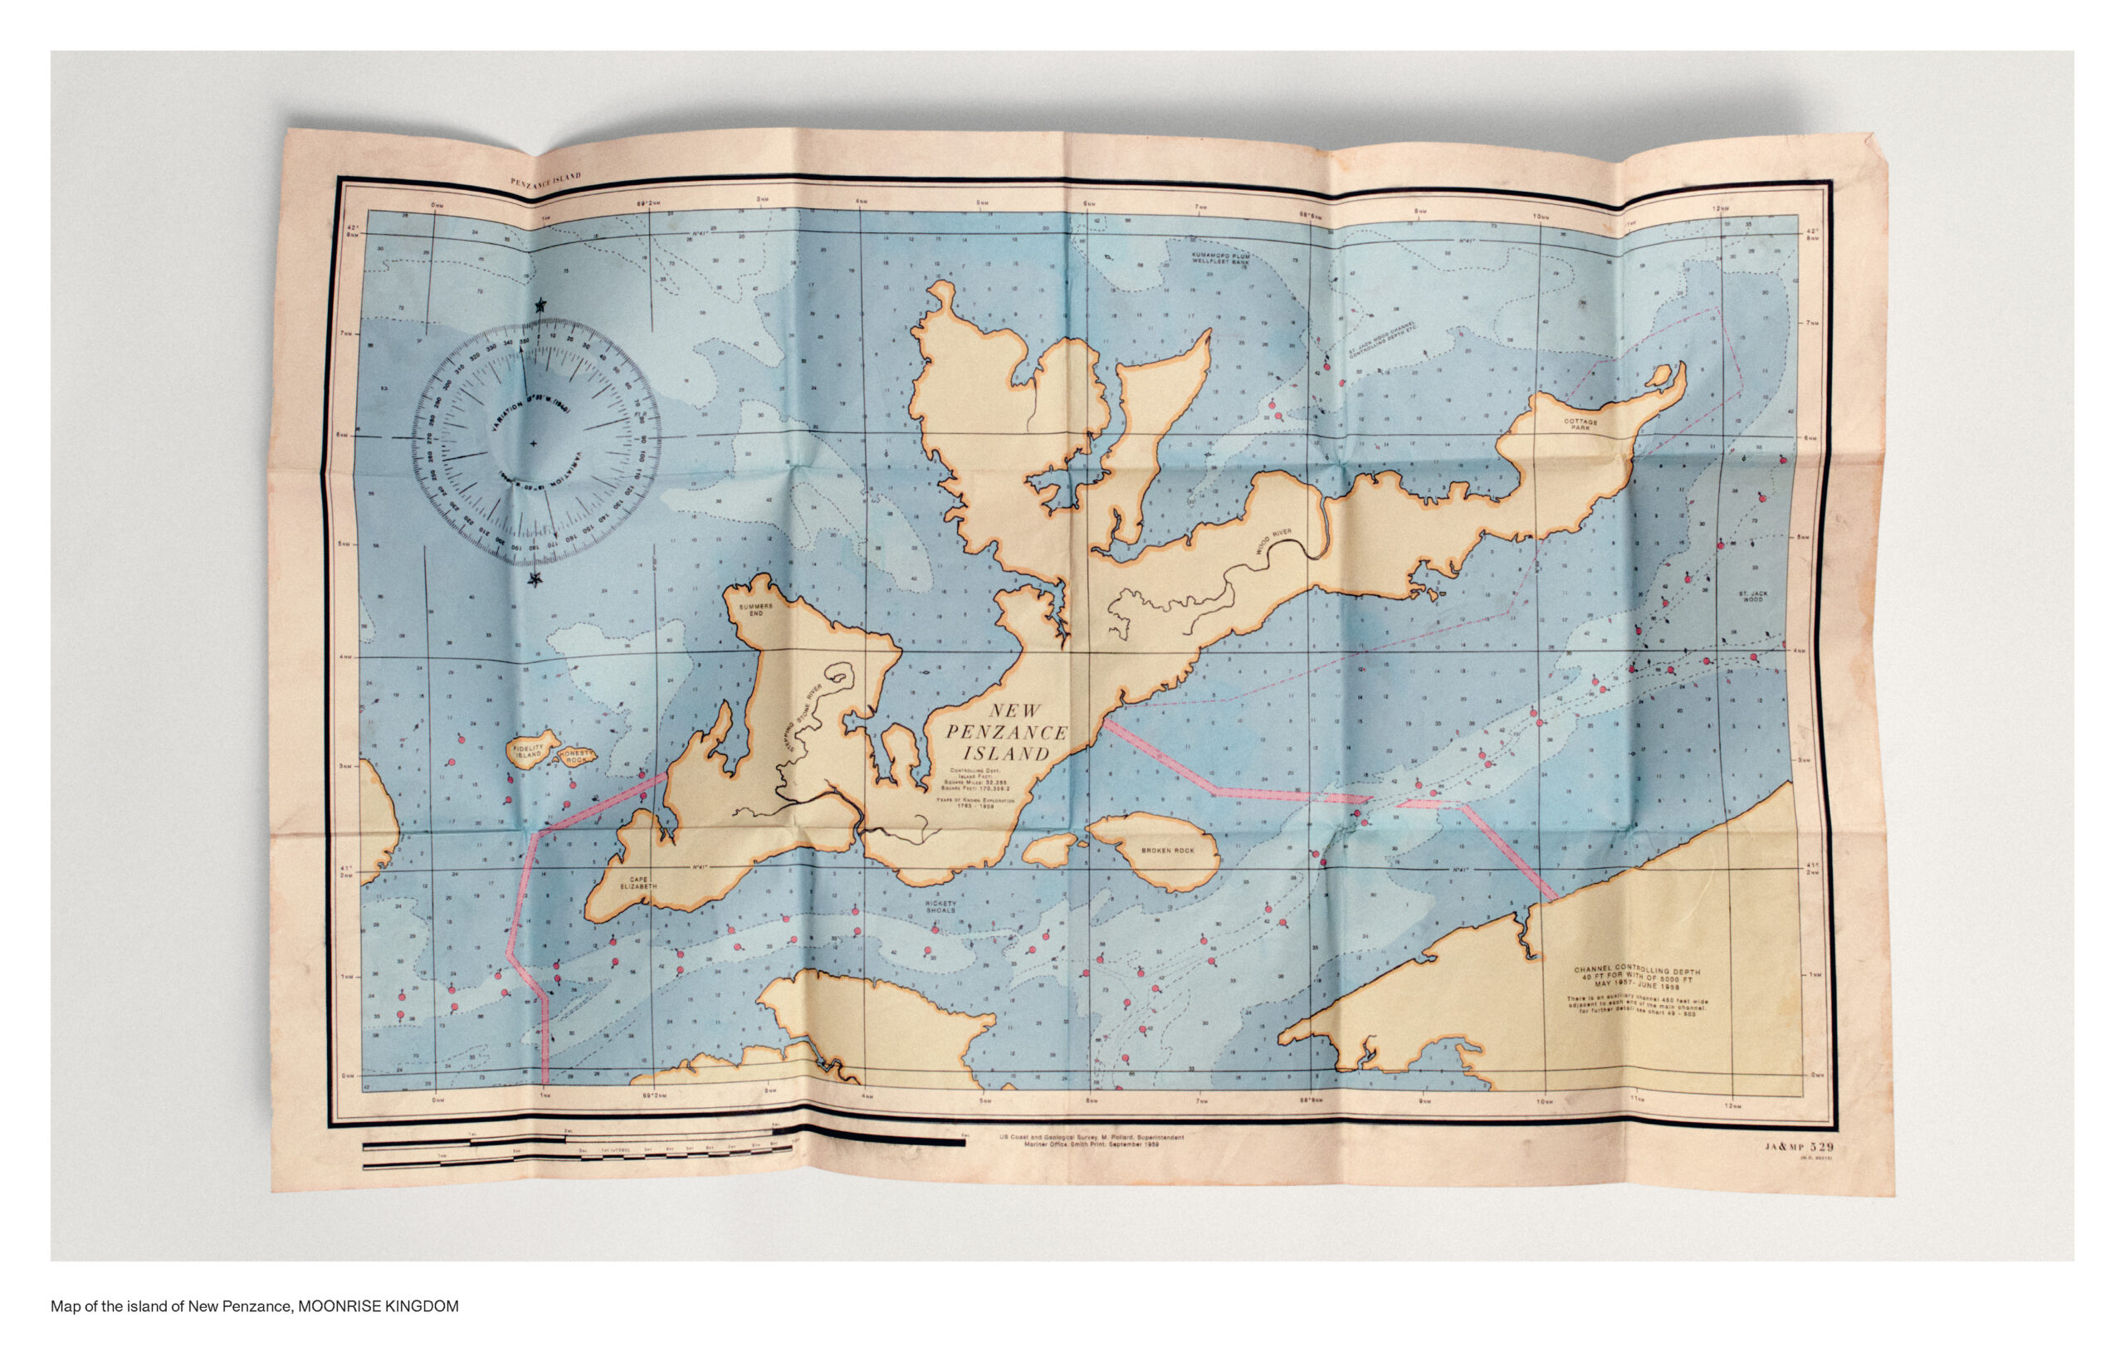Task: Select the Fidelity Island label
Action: coord(529,750)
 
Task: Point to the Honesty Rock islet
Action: coord(577,757)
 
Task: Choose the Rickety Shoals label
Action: coord(940,906)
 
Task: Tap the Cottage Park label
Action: coord(1580,425)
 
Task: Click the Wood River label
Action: coord(1273,541)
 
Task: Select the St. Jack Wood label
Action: coord(1752,596)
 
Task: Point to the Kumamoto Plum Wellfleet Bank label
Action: coord(1220,258)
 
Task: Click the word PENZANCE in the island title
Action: coord(1006,733)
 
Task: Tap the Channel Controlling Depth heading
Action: coord(1637,971)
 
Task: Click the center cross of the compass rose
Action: coord(533,442)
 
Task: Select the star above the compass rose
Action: coord(540,306)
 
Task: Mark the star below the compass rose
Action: coord(534,580)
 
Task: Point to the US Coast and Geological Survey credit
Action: coord(1091,1139)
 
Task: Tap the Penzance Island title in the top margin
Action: coord(545,180)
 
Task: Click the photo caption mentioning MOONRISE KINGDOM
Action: coord(255,1306)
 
